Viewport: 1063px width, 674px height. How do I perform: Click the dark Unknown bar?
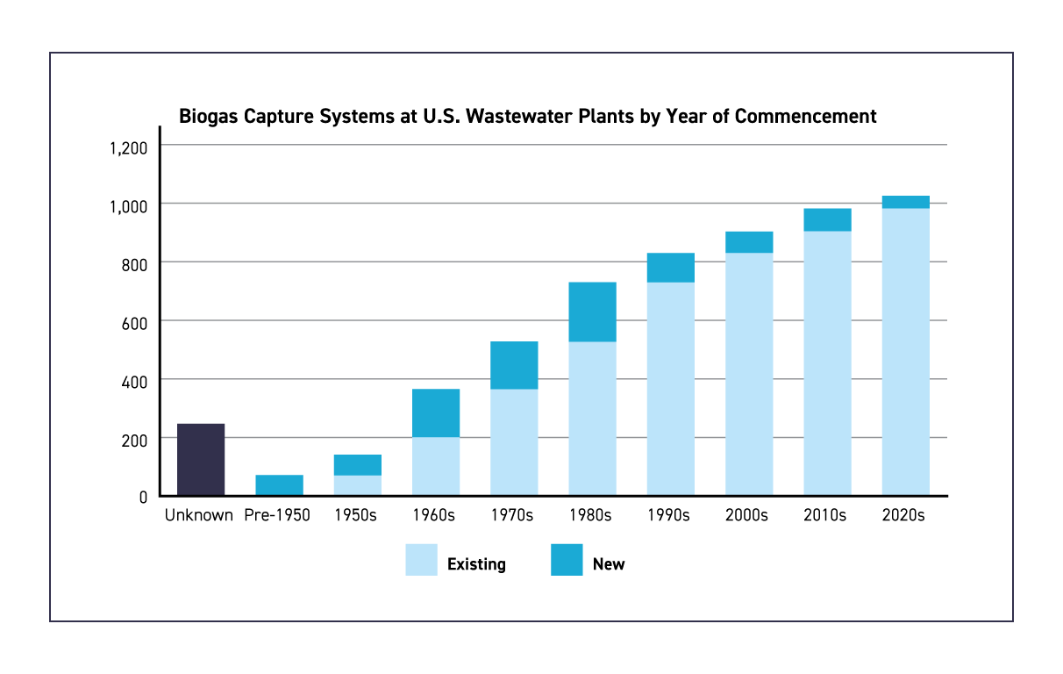tap(201, 459)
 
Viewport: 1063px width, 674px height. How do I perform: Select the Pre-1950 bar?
tap(279, 485)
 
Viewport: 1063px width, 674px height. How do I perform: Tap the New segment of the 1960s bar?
tap(436, 412)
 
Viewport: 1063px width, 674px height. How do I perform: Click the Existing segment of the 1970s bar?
tap(514, 442)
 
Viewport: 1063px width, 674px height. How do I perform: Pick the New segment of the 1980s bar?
tap(592, 312)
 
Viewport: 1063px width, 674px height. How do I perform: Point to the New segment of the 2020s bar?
tap(905, 202)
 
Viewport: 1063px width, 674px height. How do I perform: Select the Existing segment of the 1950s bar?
tap(357, 485)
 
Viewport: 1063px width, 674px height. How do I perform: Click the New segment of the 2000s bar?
tap(749, 241)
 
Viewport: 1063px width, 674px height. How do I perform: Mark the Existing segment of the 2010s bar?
tap(827, 363)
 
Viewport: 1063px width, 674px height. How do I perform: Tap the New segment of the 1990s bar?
tap(671, 268)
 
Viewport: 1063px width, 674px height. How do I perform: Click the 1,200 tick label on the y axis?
tap(128, 148)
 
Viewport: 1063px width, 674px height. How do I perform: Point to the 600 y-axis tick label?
tap(134, 324)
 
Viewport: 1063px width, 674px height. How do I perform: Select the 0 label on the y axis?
tap(143, 498)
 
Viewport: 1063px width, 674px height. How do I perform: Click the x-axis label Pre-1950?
tap(277, 515)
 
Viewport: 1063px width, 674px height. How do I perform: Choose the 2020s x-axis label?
tap(903, 515)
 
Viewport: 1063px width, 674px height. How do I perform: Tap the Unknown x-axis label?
tap(199, 515)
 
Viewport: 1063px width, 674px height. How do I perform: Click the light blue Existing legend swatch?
tap(421, 560)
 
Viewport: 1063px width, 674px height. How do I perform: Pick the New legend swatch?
tap(567, 560)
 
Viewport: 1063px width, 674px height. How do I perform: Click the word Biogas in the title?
tap(208, 117)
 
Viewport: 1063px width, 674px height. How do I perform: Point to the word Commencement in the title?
tap(805, 116)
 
